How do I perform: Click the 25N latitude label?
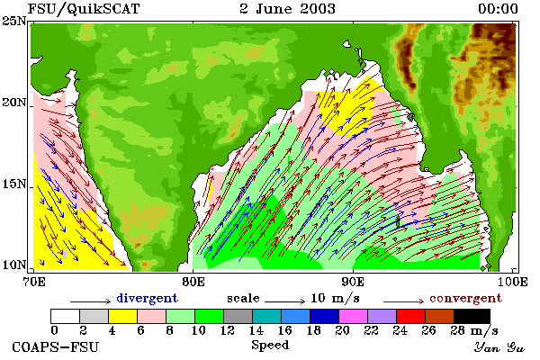(x=14, y=21)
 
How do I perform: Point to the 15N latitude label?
(x=14, y=184)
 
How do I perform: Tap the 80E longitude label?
(x=193, y=282)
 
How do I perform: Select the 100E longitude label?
(x=513, y=282)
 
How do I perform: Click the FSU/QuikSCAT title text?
(x=84, y=9)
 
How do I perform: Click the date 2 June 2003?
(x=287, y=9)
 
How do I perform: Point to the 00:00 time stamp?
(x=498, y=9)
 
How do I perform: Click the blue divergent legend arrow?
(x=91, y=301)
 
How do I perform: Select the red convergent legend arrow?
(x=403, y=301)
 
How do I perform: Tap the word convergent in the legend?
(x=465, y=298)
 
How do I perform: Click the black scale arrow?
(x=284, y=301)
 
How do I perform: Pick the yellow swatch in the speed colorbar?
(x=122, y=316)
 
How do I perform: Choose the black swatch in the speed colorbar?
(x=472, y=316)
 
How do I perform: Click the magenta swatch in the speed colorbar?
(x=353, y=316)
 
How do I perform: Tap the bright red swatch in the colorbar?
(x=410, y=316)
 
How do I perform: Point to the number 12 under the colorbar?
(x=228, y=330)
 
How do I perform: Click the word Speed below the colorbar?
(x=270, y=346)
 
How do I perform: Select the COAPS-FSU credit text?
(x=56, y=346)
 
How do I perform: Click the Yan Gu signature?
(x=499, y=347)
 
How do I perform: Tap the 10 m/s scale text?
(x=335, y=298)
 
